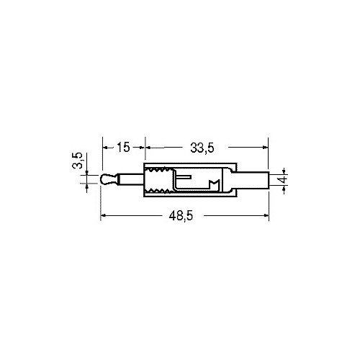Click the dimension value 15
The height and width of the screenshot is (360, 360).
point(123,147)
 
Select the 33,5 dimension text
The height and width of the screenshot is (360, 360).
point(202,148)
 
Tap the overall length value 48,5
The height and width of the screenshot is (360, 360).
point(181,216)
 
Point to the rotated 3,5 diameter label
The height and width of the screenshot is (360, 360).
point(78,161)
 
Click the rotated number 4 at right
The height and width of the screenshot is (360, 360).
point(284,179)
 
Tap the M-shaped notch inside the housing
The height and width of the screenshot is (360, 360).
point(215,184)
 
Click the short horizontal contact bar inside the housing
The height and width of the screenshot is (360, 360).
point(184,177)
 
